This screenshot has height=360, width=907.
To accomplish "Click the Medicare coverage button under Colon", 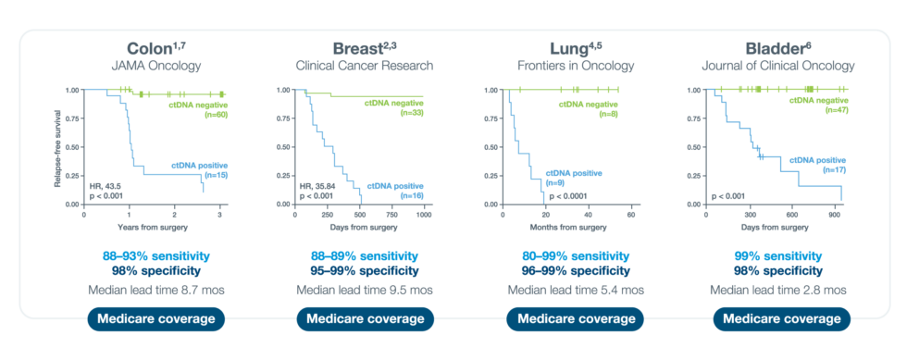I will (x=155, y=319).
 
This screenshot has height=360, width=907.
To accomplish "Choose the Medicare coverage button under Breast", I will (x=363, y=319).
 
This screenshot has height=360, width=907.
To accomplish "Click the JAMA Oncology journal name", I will (x=155, y=66).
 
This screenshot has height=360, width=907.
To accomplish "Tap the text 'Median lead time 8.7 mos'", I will (x=155, y=290).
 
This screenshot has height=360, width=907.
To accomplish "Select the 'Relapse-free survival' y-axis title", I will (x=57, y=146).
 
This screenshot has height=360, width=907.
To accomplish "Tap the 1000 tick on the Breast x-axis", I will (x=423, y=214).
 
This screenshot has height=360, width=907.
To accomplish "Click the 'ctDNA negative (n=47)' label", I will (x=818, y=105).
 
